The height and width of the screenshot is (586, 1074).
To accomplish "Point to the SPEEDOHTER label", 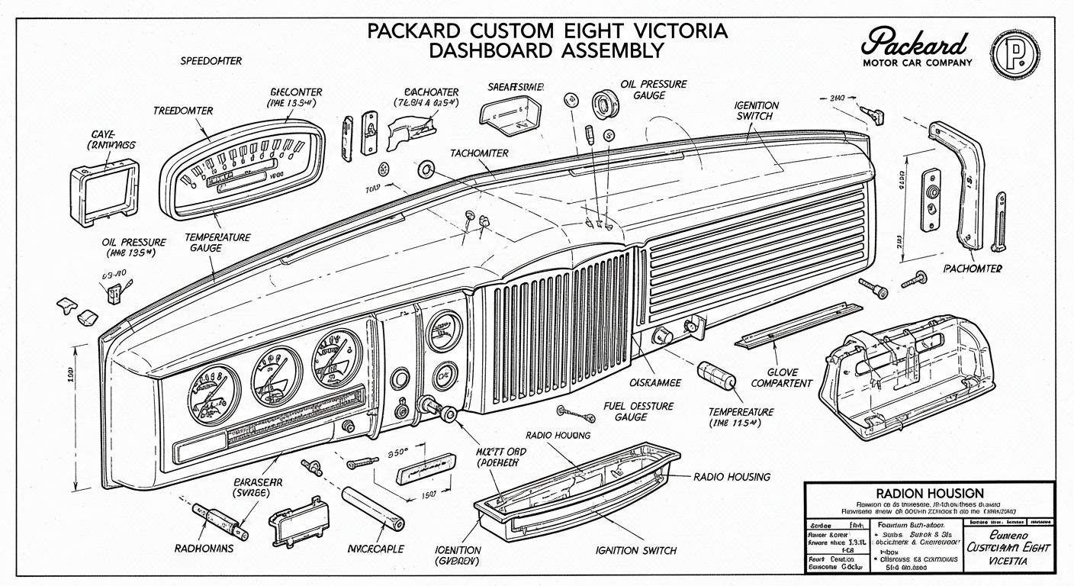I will point(212,60).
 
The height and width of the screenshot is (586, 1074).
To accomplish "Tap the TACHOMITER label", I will point(479,153).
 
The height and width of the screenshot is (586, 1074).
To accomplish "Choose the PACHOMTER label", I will point(973,269).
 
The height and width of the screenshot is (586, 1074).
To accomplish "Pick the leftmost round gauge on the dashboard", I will point(214,393).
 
